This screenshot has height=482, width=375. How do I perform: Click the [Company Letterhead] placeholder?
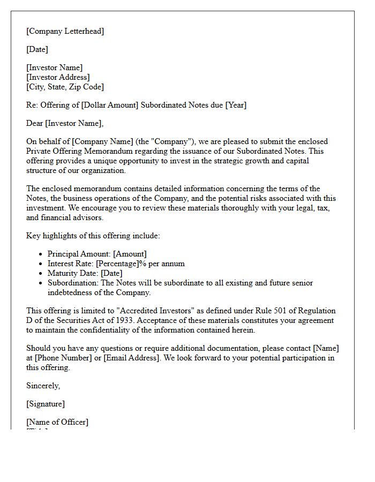point(65,31)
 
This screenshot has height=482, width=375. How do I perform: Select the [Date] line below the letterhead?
point(37,49)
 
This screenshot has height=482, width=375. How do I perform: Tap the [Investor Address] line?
point(58,77)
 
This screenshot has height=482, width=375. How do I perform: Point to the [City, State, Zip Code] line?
point(65,87)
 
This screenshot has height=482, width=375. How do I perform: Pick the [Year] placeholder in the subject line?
point(236,105)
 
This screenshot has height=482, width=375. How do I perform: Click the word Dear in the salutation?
point(35,123)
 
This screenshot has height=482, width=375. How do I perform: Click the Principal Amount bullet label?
point(79,254)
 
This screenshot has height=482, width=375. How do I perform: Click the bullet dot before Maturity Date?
point(41,274)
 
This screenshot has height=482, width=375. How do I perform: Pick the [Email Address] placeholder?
point(132,358)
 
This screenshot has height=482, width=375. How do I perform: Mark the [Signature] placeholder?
point(46,404)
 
